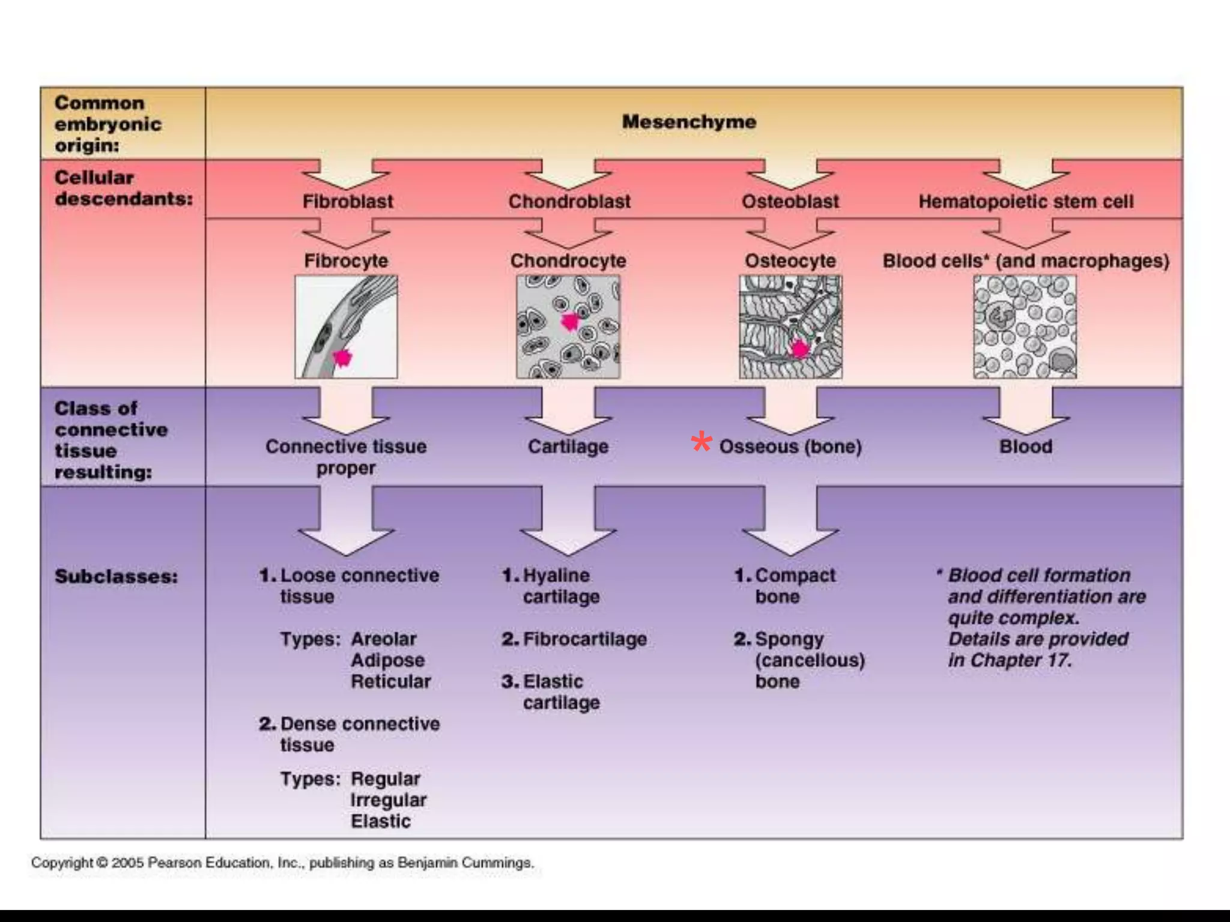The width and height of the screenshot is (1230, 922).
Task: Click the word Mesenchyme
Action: pyautogui.click(x=689, y=122)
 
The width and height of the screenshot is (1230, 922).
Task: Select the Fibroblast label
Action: pyautogui.click(x=348, y=202)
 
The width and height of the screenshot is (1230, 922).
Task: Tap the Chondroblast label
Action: pyautogui.click(x=569, y=202)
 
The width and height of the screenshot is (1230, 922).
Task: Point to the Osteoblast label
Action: pyautogui.click(x=790, y=202)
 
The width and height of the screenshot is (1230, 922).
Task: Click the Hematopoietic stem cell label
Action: pyautogui.click(x=1026, y=202)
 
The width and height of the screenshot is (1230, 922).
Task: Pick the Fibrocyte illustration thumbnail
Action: pyautogui.click(x=346, y=327)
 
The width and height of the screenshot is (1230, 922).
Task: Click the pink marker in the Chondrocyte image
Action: pyautogui.click(x=569, y=322)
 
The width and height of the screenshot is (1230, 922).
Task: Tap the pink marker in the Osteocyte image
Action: pyautogui.click(x=799, y=349)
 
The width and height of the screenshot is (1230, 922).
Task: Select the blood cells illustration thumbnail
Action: pyautogui.click(x=1025, y=327)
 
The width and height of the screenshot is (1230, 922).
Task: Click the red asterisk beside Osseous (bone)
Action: pyautogui.click(x=701, y=443)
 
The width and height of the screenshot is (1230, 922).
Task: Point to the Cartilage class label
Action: pyautogui.click(x=568, y=447)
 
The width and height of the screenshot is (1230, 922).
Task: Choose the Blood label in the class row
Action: pyautogui.click(x=1026, y=447)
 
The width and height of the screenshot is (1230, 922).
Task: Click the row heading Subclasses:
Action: pyautogui.click(x=117, y=577)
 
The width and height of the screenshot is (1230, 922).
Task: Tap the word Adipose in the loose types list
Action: pyautogui.click(x=387, y=660)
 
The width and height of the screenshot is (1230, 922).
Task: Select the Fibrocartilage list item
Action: pyautogui.click(x=584, y=639)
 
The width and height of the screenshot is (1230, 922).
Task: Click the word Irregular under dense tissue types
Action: pyautogui.click(x=388, y=800)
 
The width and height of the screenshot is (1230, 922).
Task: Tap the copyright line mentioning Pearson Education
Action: pyautogui.click(x=282, y=863)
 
